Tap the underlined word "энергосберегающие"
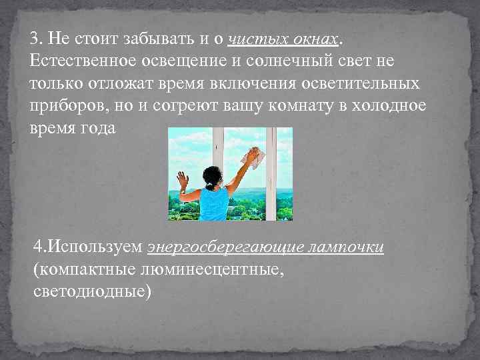coord(227,248)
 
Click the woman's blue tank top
coord(215,203)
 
